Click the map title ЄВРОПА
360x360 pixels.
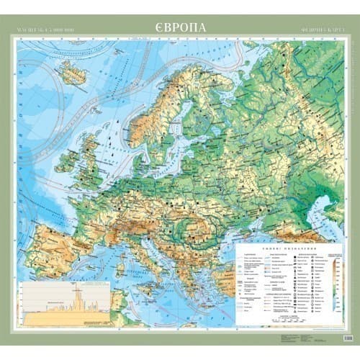[180, 27]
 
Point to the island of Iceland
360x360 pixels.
[73, 72]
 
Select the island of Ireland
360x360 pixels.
[64, 163]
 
